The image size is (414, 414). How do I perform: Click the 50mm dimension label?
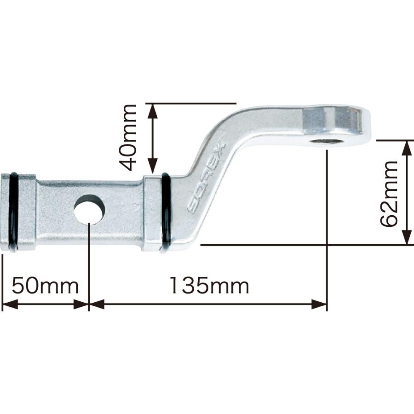coord(45,286)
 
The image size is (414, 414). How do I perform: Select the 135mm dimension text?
coord(209,286)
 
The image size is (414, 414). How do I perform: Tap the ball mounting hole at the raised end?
coord(326,141)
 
